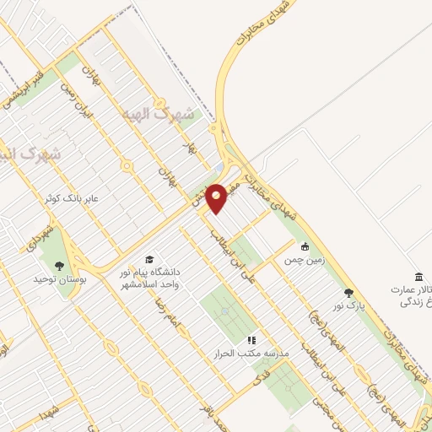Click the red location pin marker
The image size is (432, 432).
click(x=217, y=198)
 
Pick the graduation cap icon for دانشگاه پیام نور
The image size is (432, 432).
click(x=150, y=259)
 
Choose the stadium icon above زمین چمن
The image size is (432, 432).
click(x=305, y=247)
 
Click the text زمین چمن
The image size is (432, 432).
click(x=305, y=262)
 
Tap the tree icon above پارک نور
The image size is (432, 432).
click(x=348, y=293)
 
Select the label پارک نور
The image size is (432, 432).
click(x=348, y=308)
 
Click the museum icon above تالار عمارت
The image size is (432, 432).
click(x=418, y=278)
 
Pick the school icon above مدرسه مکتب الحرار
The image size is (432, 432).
click(x=250, y=339)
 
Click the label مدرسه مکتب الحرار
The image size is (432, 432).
click(x=250, y=354)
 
